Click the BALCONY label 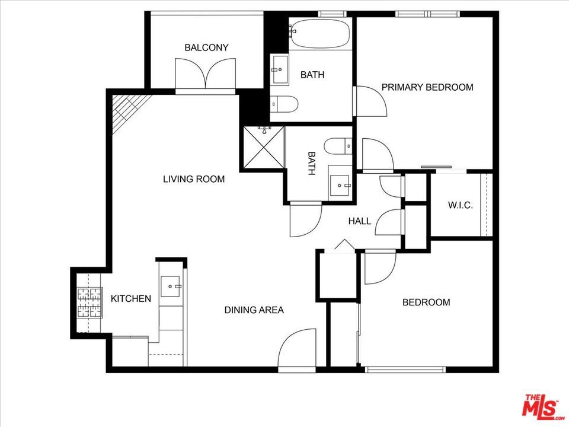[206, 47]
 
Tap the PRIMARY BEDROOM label [427, 87]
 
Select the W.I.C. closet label [461, 205]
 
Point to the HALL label [360, 221]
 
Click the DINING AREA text [254, 310]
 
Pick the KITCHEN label [130, 299]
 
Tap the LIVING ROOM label [194, 179]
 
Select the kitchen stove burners [89, 302]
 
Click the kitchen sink [170, 286]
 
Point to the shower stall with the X [263, 148]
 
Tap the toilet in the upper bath [284, 104]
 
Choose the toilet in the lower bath [338, 146]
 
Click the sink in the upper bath [279, 69]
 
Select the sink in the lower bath [340, 185]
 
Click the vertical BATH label [311, 164]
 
